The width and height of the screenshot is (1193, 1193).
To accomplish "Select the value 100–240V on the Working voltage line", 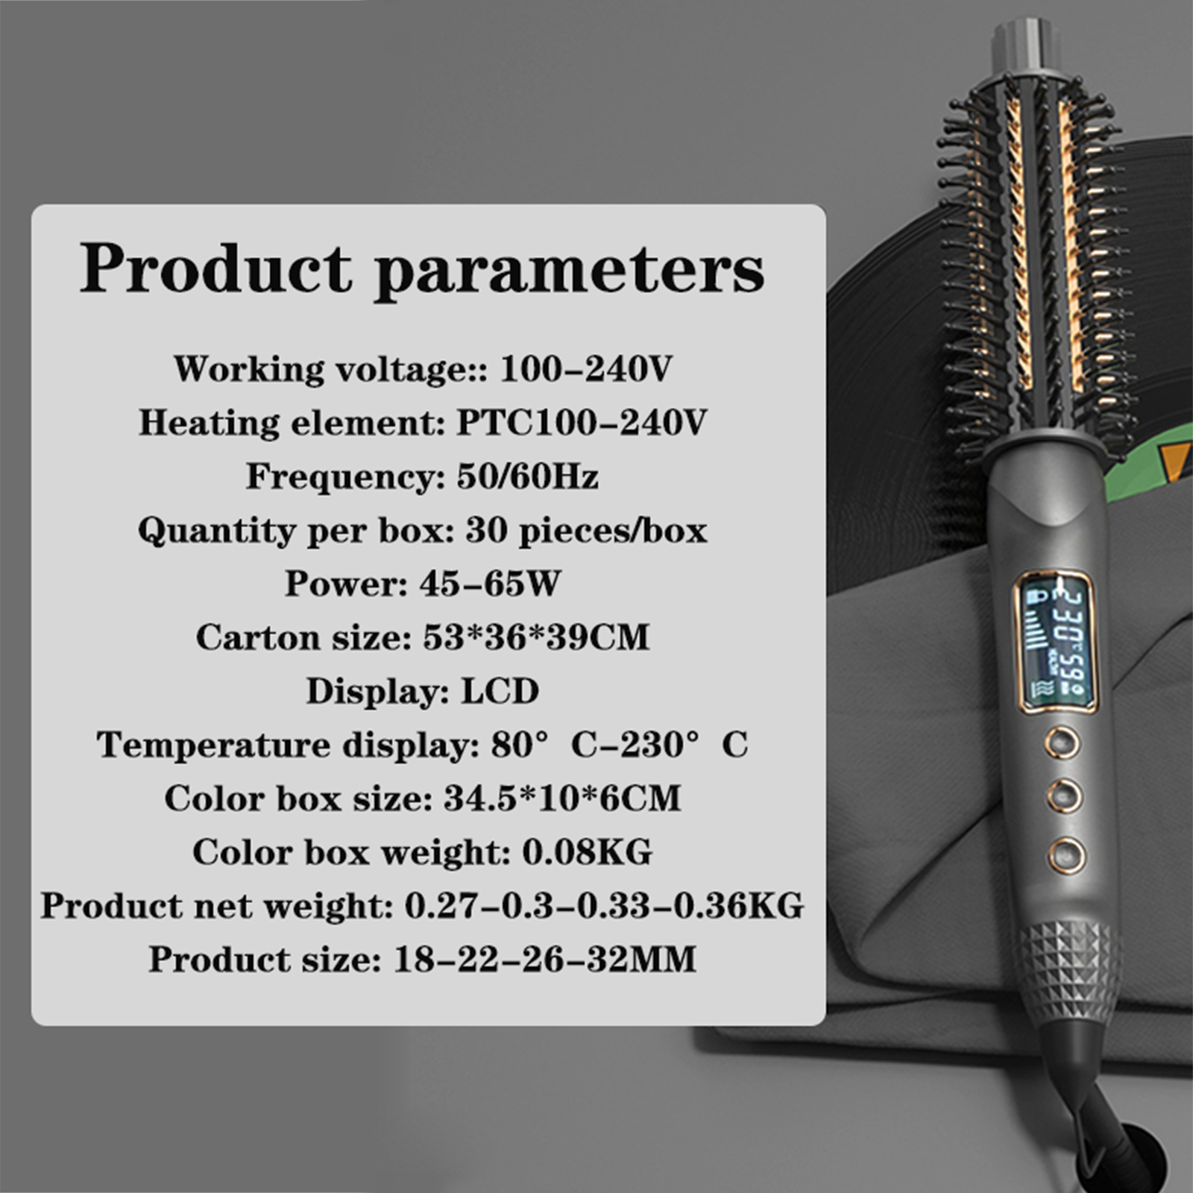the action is pyautogui.click(x=586, y=368).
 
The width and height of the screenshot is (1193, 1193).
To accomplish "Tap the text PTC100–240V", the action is pyautogui.click(x=581, y=422).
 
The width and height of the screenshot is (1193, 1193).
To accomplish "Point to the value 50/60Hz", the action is pyautogui.click(x=528, y=476).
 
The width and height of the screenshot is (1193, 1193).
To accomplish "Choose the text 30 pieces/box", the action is pyautogui.click(x=586, y=530).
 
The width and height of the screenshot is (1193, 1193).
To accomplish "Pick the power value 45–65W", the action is pyautogui.click(x=489, y=583).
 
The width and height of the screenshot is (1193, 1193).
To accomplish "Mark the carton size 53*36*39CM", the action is pyautogui.click(x=536, y=637).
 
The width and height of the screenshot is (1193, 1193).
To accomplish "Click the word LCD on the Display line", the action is pyautogui.click(x=500, y=691).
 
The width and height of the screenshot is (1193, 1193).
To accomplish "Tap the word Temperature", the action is pyautogui.click(x=213, y=746).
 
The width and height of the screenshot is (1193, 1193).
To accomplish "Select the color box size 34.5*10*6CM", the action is pyautogui.click(x=562, y=798).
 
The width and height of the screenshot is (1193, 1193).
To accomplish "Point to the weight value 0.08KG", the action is pyautogui.click(x=587, y=852).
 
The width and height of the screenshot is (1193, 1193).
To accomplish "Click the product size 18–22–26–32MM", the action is pyautogui.click(x=544, y=959).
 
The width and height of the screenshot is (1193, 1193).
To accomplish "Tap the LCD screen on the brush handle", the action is pyautogui.click(x=1056, y=643).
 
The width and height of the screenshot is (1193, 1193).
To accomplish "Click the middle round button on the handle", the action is pyautogui.click(x=1063, y=796).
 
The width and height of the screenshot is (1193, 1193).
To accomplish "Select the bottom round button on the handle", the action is pyautogui.click(x=1065, y=854).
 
